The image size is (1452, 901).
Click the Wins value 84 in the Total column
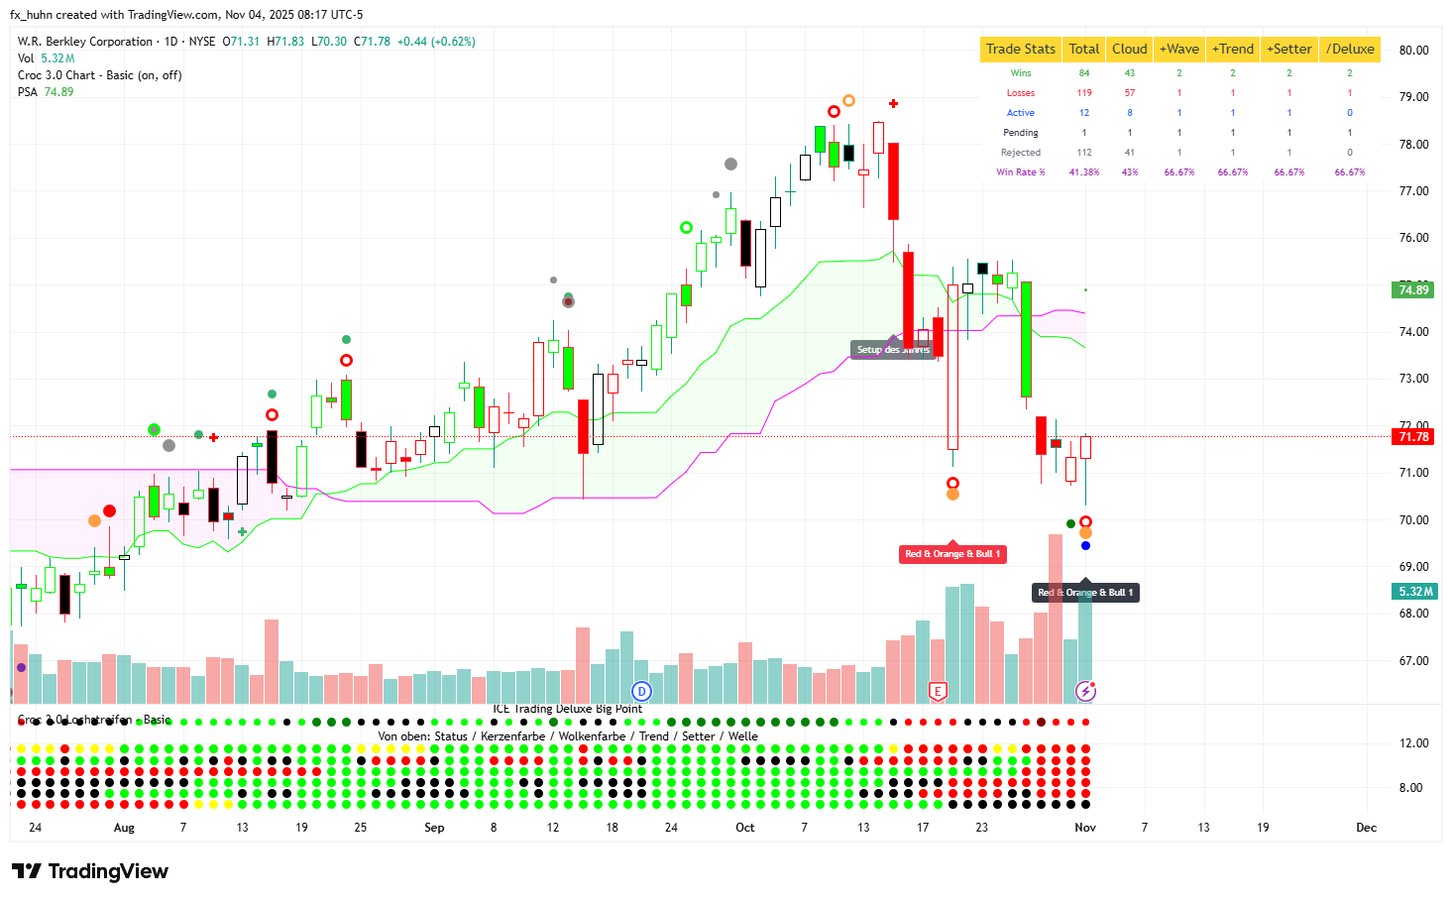[x=1083, y=73]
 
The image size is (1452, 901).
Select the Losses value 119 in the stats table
[x=1083, y=93]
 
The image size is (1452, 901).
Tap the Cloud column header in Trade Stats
[x=1129, y=49]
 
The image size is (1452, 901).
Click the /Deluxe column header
[x=1350, y=49]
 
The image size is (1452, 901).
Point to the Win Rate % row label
[x=1020, y=172]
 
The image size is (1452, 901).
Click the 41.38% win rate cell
[x=1083, y=172]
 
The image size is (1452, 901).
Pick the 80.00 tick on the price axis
[x=1413, y=51]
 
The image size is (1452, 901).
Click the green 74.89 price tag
[x=1413, y=290]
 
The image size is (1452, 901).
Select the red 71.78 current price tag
[x=1413, y=437]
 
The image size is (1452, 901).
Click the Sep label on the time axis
[x=434, y=828]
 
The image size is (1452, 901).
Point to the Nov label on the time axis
[x=1085, y=828]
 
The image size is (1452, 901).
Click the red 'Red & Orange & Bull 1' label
[x=952, y=554]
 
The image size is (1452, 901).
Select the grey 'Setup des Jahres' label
[x=893, y=350]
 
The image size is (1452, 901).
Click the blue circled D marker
[x=642, y=691]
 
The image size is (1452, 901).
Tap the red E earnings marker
[x=938, y=691]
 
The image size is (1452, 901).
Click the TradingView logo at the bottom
[x=90, y=871]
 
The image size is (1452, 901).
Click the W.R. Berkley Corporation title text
[x=85, y=42]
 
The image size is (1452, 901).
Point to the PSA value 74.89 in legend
[x=58, y=92]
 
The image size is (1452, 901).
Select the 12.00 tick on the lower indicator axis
[x=1413, y=743]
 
